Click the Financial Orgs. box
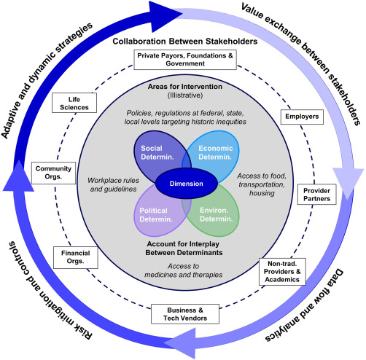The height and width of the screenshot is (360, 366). (x=71, y=255)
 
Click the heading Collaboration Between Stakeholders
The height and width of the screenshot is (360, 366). (x=182, y=40)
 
